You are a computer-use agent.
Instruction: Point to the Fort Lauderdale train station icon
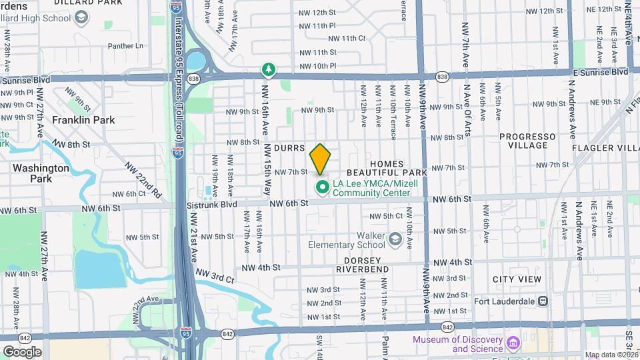point(543,301)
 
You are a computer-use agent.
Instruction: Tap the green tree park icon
point(267,69)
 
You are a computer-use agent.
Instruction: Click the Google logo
point(21,351)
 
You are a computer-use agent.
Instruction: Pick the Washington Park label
point(41,173)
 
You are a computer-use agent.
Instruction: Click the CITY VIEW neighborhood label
point(517,279)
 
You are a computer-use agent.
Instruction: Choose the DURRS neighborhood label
point(289,147)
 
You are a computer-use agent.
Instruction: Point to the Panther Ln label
point(126,46)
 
